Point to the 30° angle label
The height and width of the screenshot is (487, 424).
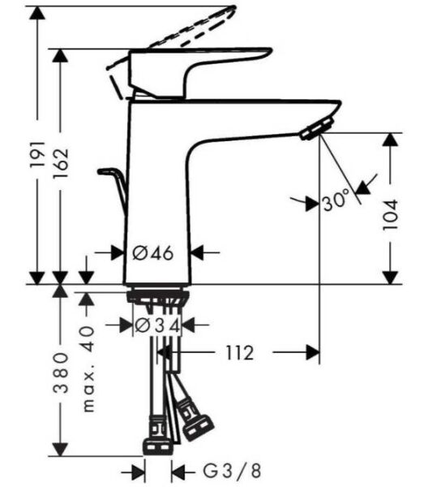click(x=335, y=200)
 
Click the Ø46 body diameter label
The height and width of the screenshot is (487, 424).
click(x=153, y=253)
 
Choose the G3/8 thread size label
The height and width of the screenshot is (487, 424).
click(x=220, y=470)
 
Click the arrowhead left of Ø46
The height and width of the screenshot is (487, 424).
click(x=118, y=253)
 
